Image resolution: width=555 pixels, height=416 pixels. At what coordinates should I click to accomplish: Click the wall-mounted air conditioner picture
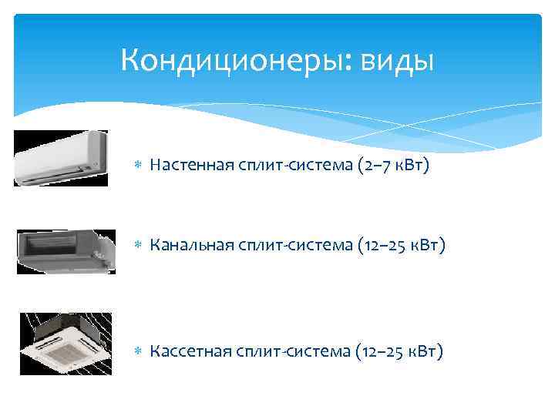[60, 158]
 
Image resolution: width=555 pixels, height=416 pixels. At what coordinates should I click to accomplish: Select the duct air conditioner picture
[66, 251]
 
